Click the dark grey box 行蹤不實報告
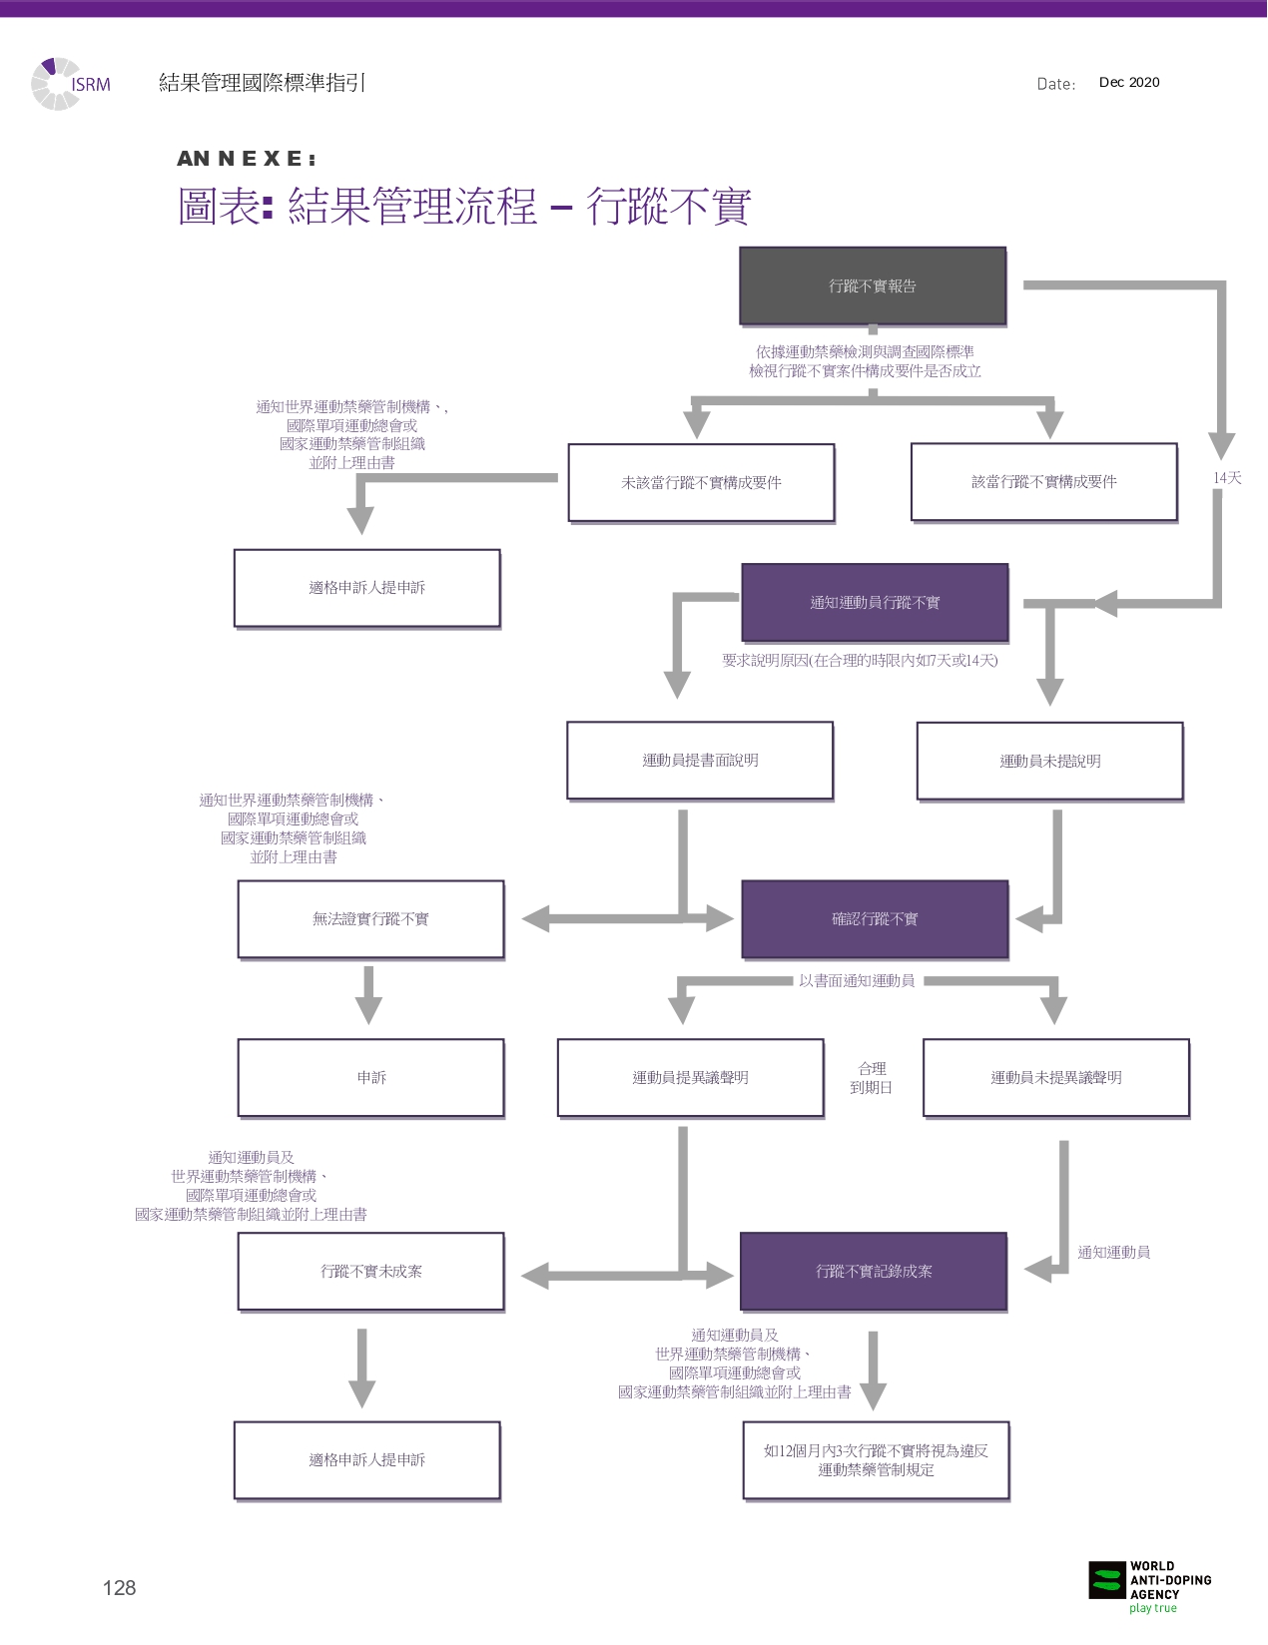873,286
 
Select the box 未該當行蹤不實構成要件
701,483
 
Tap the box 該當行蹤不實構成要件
1043,482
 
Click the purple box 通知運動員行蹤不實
875,603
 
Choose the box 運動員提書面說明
700,761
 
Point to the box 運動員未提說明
1049,762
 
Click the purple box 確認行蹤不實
875,919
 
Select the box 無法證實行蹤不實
370,919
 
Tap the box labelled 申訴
370,1078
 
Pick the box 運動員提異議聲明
690,1078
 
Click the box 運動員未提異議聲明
1055,1078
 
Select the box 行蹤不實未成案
370,1272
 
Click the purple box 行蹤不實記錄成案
874,1272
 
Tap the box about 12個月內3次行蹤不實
876,1460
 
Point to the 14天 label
1227,478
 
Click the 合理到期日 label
872,1078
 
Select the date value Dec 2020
1129,83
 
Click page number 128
119,1588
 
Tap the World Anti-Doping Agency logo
1148,1585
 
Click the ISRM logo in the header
72,84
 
